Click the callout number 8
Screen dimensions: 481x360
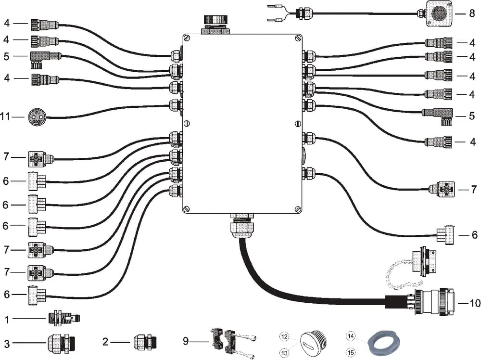472,13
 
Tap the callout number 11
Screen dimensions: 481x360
5,116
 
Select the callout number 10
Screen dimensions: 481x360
475,303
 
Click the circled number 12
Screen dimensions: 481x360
284,337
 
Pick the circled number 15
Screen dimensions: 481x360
351,353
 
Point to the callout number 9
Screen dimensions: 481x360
186,341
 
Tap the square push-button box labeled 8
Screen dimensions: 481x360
439,13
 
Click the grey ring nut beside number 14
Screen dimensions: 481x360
383,343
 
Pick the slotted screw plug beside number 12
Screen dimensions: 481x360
313,343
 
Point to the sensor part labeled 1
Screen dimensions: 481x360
64,318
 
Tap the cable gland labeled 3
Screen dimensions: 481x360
61,343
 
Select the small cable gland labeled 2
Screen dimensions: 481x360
145,342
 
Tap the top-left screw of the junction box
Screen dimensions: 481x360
187,39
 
